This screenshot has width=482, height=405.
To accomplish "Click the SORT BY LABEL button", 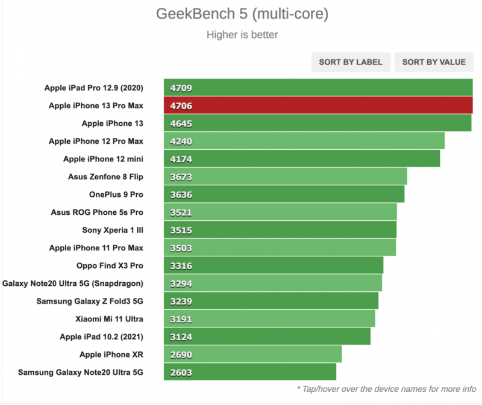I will tap(351, 62).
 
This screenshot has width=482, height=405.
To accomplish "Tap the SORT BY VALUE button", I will tap(434, 62).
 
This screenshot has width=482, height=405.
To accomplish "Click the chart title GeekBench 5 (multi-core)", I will tap(242, 14).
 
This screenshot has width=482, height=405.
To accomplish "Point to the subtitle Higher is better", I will tap(242, 34).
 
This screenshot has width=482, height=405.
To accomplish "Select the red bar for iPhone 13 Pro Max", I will tap(318, 106).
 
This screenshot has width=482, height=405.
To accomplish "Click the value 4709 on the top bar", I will tap(181, 88).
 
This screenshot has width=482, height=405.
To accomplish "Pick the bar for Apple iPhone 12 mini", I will tap(301, 159).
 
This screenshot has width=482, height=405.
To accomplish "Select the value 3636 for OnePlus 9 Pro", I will tap(181, 194).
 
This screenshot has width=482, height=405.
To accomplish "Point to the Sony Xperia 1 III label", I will tap(113, 230).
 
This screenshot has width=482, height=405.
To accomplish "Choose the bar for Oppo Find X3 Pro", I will tap(274, 265).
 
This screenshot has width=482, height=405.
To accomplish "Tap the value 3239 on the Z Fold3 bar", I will tap(181, 301).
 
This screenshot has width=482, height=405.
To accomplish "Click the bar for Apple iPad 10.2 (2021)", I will tap(267, 336).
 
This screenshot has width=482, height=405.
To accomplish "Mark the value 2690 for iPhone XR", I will tap(181, 354).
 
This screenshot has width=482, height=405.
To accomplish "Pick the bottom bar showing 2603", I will tap(250, 372).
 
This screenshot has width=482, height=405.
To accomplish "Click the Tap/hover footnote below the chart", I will tap(386, 389).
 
